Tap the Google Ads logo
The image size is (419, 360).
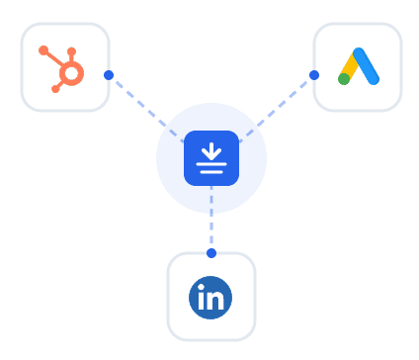coord(358,66)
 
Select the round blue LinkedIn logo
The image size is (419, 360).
coord(210,297)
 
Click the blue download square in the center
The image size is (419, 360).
coord(211,158)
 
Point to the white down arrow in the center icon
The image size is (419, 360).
coord(211,150)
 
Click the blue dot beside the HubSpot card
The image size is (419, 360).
coord(109,75)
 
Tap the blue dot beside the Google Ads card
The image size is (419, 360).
coord(314,75)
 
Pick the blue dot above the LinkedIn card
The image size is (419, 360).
coord(211,253)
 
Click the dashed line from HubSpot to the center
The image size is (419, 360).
coord(146,107)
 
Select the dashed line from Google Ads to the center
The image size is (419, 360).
coord(277,107)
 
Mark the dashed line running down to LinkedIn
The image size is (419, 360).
coord(211,220)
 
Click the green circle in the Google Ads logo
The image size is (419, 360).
coord(344,79)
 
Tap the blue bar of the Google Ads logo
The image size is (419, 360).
coord(367,66)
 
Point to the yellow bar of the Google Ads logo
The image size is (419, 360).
coord(350,66)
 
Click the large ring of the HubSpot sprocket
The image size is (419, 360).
coord(71,73)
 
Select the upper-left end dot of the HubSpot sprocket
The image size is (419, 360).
coord(42,49)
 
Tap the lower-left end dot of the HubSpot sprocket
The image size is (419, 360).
coord(54,88)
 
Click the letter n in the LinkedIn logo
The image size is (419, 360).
coord(217,299)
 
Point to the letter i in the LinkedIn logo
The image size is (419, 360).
coord(202,298)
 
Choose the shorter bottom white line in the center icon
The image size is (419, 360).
coord(211,171)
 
